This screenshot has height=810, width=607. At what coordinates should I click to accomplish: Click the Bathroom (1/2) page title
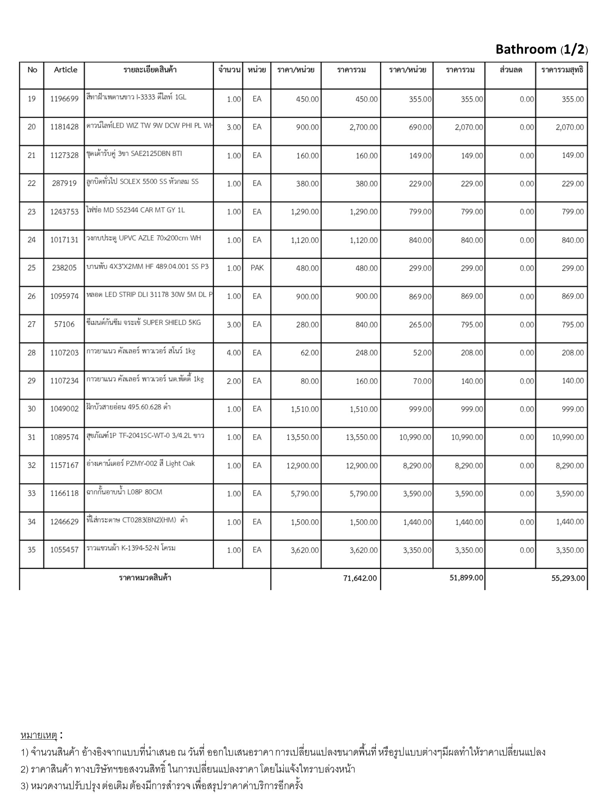541,49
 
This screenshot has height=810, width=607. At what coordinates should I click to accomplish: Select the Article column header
66,70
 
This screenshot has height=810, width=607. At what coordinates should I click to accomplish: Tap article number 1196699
64,99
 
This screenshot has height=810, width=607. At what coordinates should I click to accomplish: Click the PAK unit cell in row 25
257,268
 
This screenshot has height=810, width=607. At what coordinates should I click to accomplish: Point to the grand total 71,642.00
360,578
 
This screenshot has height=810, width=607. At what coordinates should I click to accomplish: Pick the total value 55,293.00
568,578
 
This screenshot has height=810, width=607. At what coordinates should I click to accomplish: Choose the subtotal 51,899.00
466,578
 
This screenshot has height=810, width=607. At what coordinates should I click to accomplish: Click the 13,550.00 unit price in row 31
303,437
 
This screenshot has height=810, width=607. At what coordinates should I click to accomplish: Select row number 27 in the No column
32,324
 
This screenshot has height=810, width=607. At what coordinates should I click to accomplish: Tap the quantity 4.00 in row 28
234,353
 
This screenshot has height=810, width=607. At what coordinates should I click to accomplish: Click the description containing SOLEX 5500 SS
143,182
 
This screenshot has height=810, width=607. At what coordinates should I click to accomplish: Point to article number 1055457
64,550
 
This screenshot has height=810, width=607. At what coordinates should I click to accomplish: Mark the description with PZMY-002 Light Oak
141,464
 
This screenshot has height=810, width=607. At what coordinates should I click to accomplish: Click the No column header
32,70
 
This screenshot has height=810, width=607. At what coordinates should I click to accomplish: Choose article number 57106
64,324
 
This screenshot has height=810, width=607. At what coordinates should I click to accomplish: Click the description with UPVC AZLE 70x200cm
144,238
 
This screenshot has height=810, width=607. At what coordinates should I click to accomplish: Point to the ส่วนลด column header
511,70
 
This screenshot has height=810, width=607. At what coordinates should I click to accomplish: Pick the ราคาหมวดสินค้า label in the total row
145,578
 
